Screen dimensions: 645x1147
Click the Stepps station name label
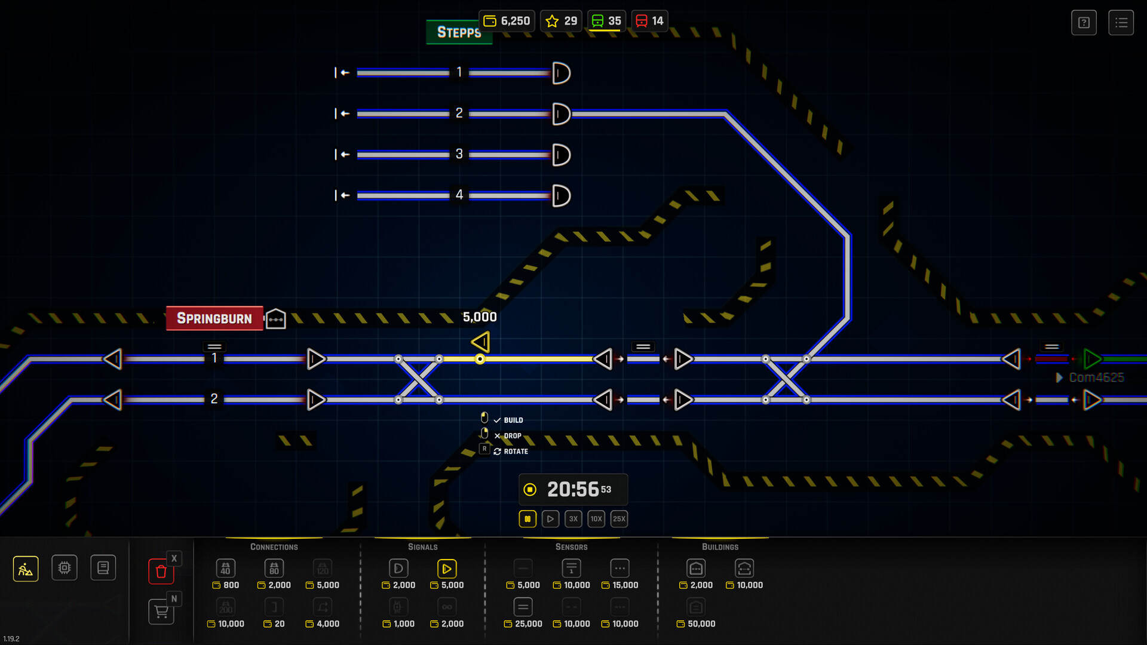tap(459, 32)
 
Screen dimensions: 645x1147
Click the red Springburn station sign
tap(214, 318)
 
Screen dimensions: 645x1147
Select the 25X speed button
tap(619, 519)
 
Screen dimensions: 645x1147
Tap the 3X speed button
tap(573, 519)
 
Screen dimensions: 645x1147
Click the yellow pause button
tap(528, 519)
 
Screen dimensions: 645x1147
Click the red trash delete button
tap(161, 572)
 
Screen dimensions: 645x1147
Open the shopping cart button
tap(161, 612)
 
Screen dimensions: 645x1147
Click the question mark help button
tap(1084, 23)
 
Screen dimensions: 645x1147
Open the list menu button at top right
tap(1121, 23)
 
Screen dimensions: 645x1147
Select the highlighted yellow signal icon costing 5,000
tap(447, 569)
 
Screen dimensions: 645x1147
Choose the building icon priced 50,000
tap(696, 607)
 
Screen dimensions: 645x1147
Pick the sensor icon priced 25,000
tap(523, 607)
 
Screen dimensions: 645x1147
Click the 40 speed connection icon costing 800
tap(225, 569)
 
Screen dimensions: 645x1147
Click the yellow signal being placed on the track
tap(481, 342)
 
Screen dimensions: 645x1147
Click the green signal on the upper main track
tap(1092, 359)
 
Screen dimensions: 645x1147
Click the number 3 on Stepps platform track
tap(459, 154)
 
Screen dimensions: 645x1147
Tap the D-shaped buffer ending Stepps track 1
tap(561, 73)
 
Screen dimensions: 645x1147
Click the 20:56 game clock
tap(573, 490)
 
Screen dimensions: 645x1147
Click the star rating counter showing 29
tap(561, 21)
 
